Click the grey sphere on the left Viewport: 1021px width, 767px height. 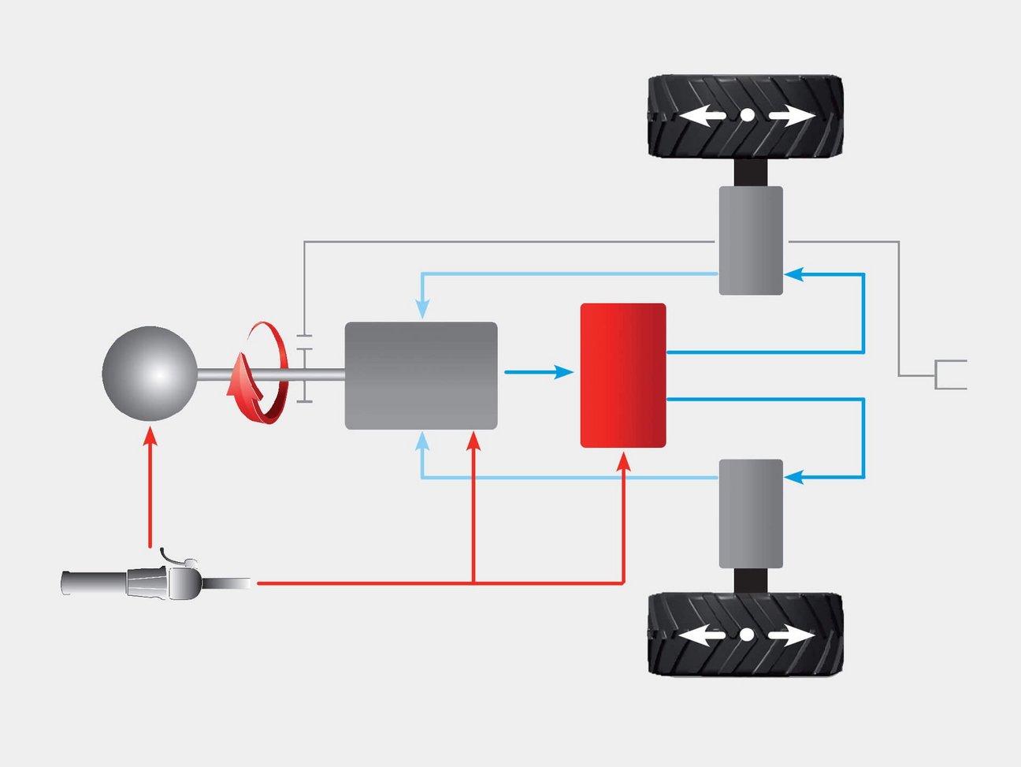(x=150, y=374)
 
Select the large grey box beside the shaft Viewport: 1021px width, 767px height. (x=421, y=375)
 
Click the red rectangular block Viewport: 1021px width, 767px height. (x=623, y=375)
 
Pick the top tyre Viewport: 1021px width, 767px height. (x=745, y=116)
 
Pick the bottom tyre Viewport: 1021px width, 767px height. (x=745, y=635)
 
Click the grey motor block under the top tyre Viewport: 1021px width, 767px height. (x=751, y=240)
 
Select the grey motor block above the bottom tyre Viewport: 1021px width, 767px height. (x=751, y=513)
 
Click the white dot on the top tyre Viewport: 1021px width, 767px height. (x=747, y=116)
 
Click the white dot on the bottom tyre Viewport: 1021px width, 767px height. (x=747, y=635)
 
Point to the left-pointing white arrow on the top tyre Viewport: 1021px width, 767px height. (x=703, y=116)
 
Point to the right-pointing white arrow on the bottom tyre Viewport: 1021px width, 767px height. (x=792, y=635)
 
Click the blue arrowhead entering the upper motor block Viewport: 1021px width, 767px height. (x=793, y=274)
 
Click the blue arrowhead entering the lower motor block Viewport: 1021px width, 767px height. (x=793, y=477)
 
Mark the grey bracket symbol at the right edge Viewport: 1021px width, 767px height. (x=949, y=374)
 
